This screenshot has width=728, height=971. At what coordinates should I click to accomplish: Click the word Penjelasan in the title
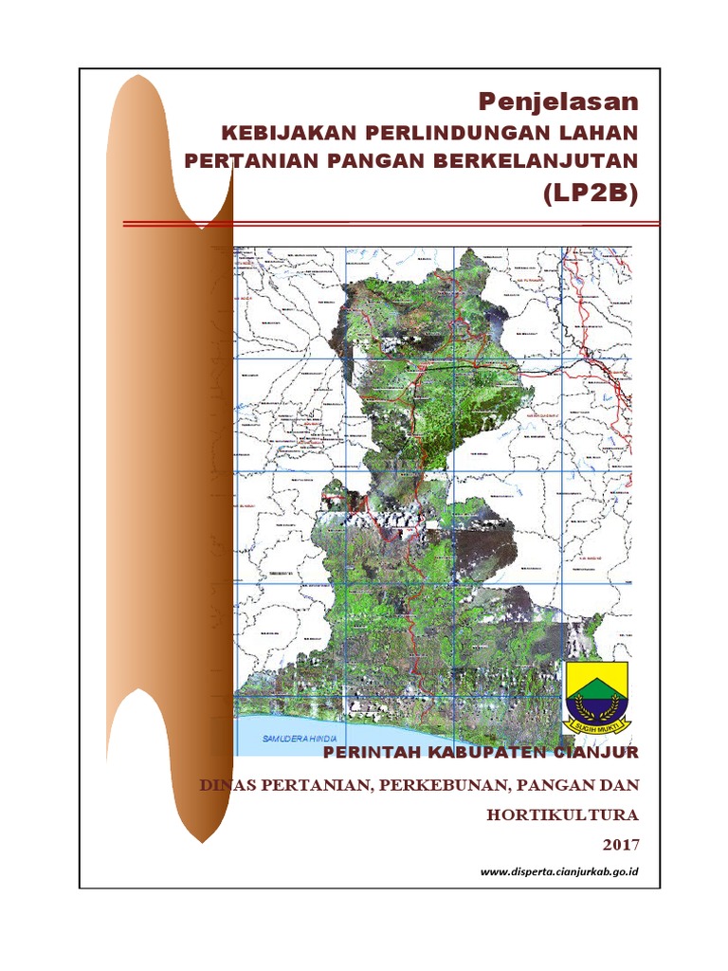pos(557,101)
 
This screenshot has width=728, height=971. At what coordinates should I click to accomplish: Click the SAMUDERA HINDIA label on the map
pos(289,739)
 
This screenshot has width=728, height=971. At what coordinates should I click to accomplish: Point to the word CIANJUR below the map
pos(597,753)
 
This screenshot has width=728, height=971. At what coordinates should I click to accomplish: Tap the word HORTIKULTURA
pos(563,815)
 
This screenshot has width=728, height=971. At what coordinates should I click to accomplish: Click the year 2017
pos(620,844)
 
